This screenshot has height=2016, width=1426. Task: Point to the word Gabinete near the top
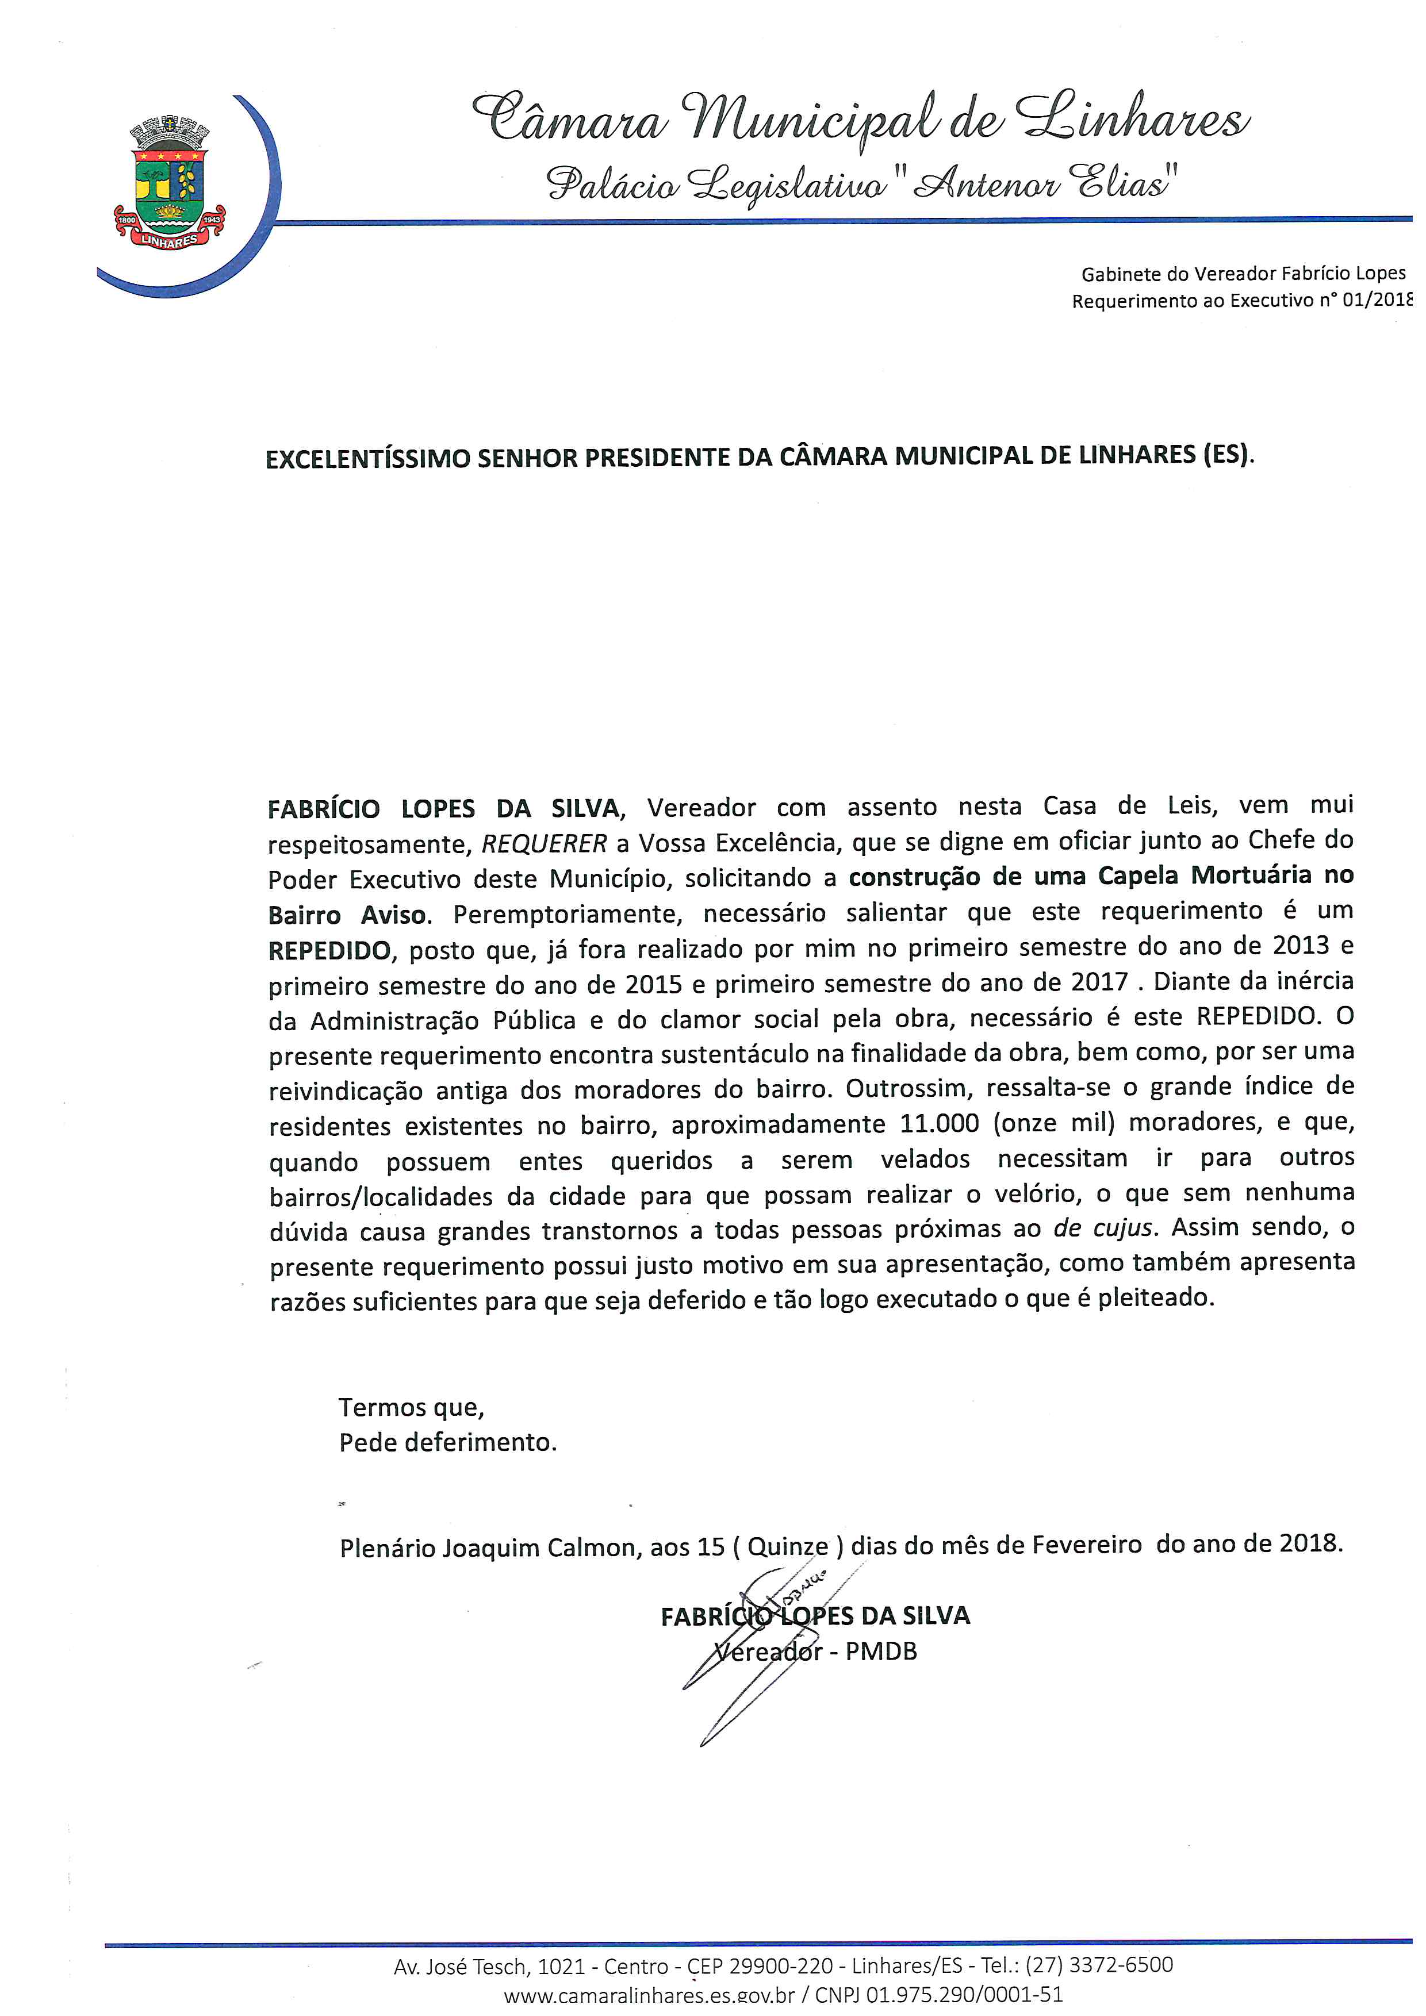[1121, 274]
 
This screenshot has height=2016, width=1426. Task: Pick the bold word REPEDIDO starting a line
[329, 950]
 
